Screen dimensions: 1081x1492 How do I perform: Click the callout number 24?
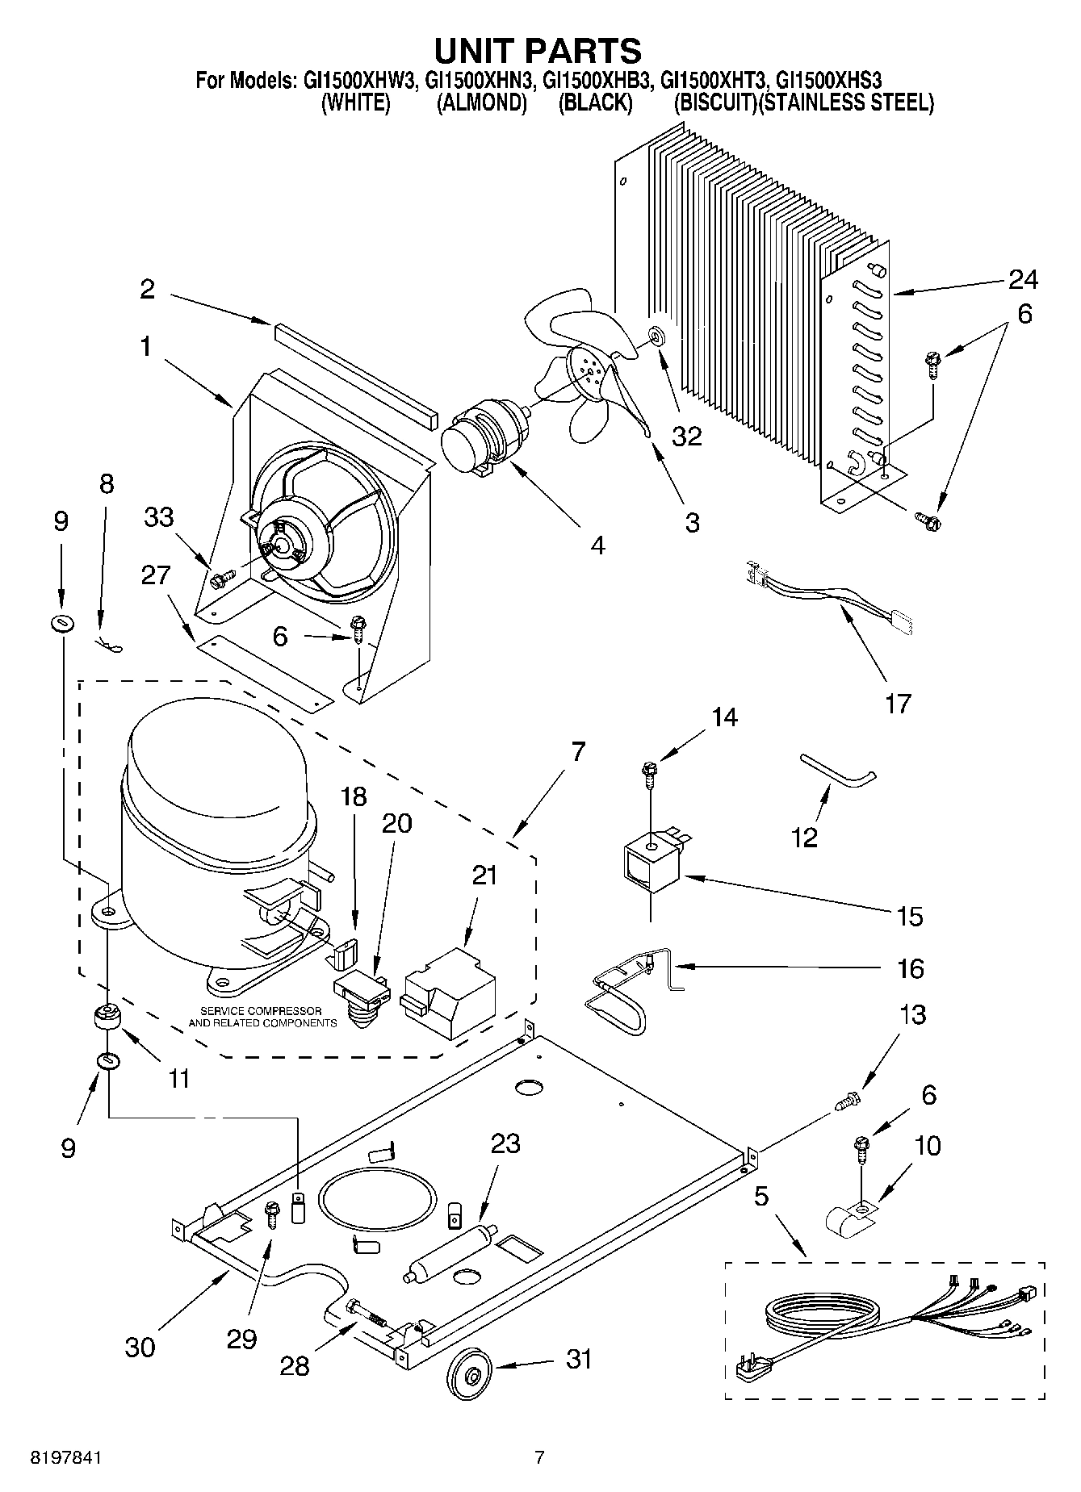point(1023,279)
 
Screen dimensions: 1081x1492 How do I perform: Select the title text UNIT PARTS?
point(538,50)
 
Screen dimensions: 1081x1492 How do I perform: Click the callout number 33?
point(159,516)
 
